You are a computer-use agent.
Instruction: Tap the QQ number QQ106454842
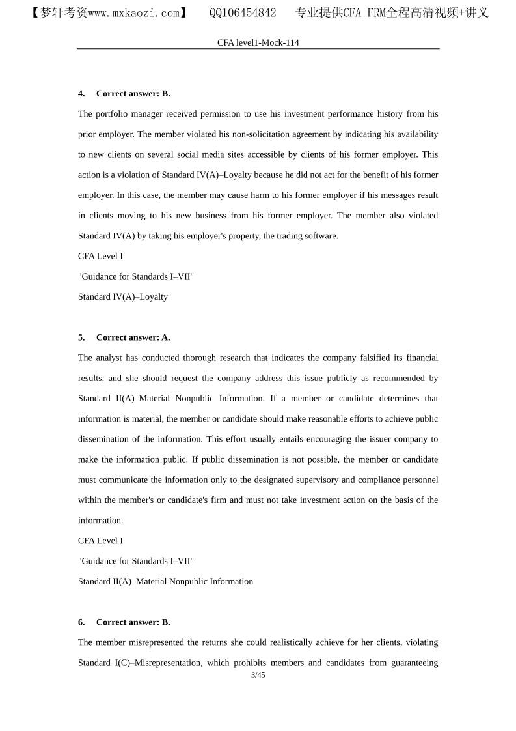[x=243, y=13]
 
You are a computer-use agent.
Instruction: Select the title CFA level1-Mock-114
[x=258, y=42]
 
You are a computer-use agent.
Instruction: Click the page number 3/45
[x=258, y=675]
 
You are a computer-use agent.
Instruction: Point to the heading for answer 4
[x=124, y=93]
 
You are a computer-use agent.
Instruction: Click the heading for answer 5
[x=124, y=337]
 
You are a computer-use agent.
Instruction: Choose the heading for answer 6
[x=124, y=622]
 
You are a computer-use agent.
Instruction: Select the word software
[x=321, y=236]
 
